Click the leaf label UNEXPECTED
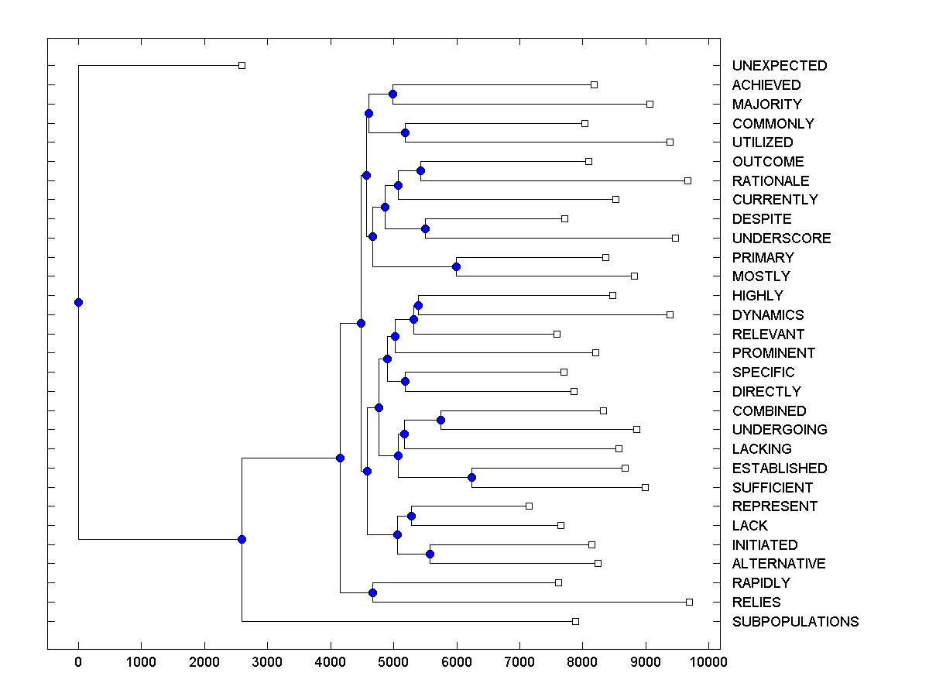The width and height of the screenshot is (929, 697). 779,66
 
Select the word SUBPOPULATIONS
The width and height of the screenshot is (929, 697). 795,622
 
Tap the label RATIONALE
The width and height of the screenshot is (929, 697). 770,181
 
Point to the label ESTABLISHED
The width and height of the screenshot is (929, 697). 779,469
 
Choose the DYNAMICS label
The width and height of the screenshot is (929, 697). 767,315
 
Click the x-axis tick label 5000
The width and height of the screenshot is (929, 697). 393,662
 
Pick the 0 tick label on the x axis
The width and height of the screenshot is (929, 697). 78,662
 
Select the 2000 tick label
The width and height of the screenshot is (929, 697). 204,662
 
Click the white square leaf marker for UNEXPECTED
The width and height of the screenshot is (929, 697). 242,66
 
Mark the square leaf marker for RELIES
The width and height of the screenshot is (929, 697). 689,602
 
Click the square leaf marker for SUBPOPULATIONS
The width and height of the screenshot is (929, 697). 575,621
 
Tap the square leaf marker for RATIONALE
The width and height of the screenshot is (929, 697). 687,180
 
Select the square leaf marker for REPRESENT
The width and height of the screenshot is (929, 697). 529,506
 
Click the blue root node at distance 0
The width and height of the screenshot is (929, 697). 78,302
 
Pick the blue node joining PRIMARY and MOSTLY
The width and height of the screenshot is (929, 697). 456,266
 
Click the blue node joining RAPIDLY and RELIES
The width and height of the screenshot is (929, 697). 372,592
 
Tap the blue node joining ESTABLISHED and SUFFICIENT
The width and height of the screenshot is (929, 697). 471,477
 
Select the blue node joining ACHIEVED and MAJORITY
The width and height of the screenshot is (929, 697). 393,94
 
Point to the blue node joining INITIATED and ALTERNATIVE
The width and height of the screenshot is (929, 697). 430,554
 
